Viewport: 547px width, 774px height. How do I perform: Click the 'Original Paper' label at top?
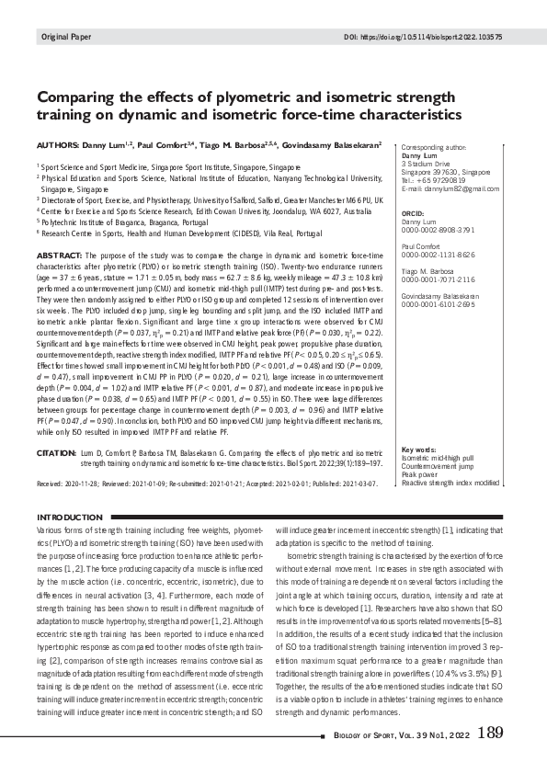(x=62, y=37)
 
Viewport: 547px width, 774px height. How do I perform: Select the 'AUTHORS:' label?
(x=60, y=145)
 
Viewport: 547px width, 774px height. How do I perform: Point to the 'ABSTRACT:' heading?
(x=62, y=254)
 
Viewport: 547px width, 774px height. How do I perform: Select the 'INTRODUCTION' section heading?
(x=68, y=518)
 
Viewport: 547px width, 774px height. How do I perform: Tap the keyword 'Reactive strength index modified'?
(x=450, y=481)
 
